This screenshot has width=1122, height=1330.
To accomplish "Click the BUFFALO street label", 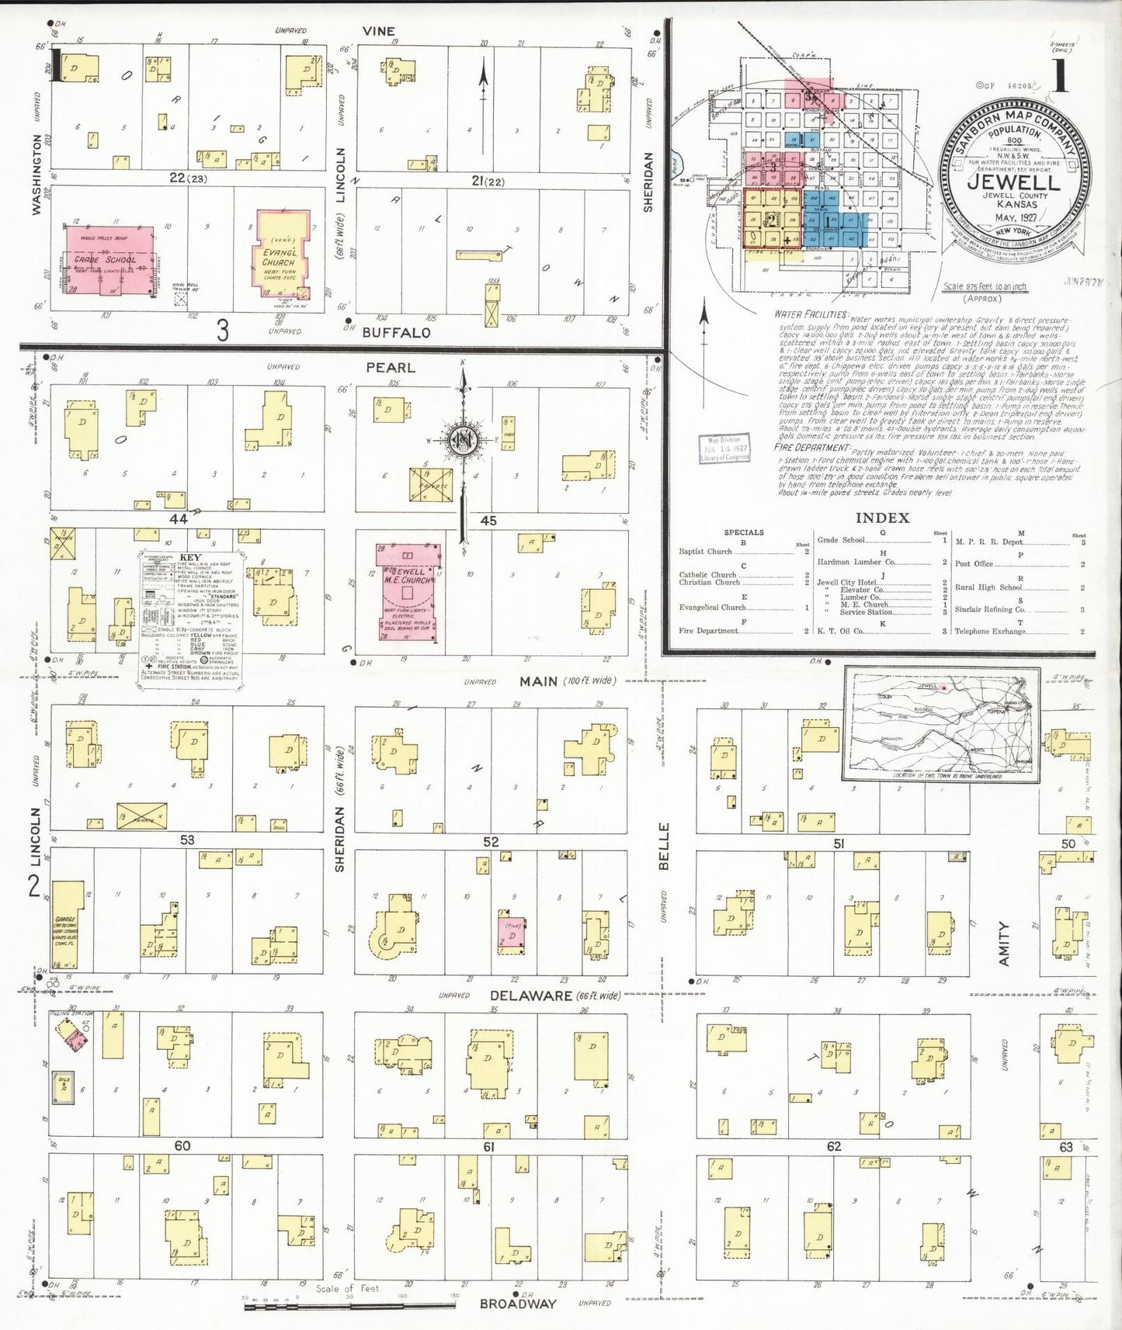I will [396, 333].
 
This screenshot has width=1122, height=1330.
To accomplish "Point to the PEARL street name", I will [391, 368].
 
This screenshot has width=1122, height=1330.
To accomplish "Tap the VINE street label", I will [379, 31].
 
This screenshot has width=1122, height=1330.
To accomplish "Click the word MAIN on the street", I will [539, 681].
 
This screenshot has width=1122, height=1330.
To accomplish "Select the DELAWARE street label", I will [530, 996].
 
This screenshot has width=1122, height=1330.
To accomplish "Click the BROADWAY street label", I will [518, 1304].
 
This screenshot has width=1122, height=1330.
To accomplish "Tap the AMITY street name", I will [1004, 944].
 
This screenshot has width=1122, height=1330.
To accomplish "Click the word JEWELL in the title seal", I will [1013, 183].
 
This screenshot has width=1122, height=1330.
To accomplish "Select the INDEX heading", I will [882, 518].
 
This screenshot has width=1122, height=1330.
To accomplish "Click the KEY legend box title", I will [189, 558].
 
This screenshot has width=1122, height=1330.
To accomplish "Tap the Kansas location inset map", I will [942, 724].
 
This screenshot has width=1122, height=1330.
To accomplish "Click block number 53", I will [187, 840].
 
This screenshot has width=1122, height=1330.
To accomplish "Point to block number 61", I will [488, 1147].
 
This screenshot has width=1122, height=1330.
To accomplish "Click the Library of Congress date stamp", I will [724, 449].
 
